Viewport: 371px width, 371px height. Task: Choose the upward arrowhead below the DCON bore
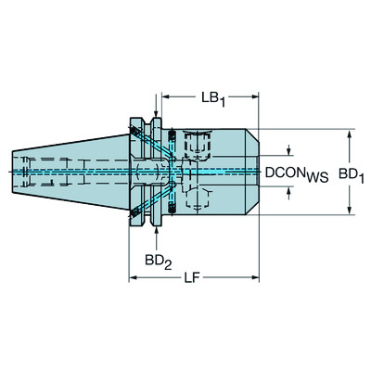coord(290,192)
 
